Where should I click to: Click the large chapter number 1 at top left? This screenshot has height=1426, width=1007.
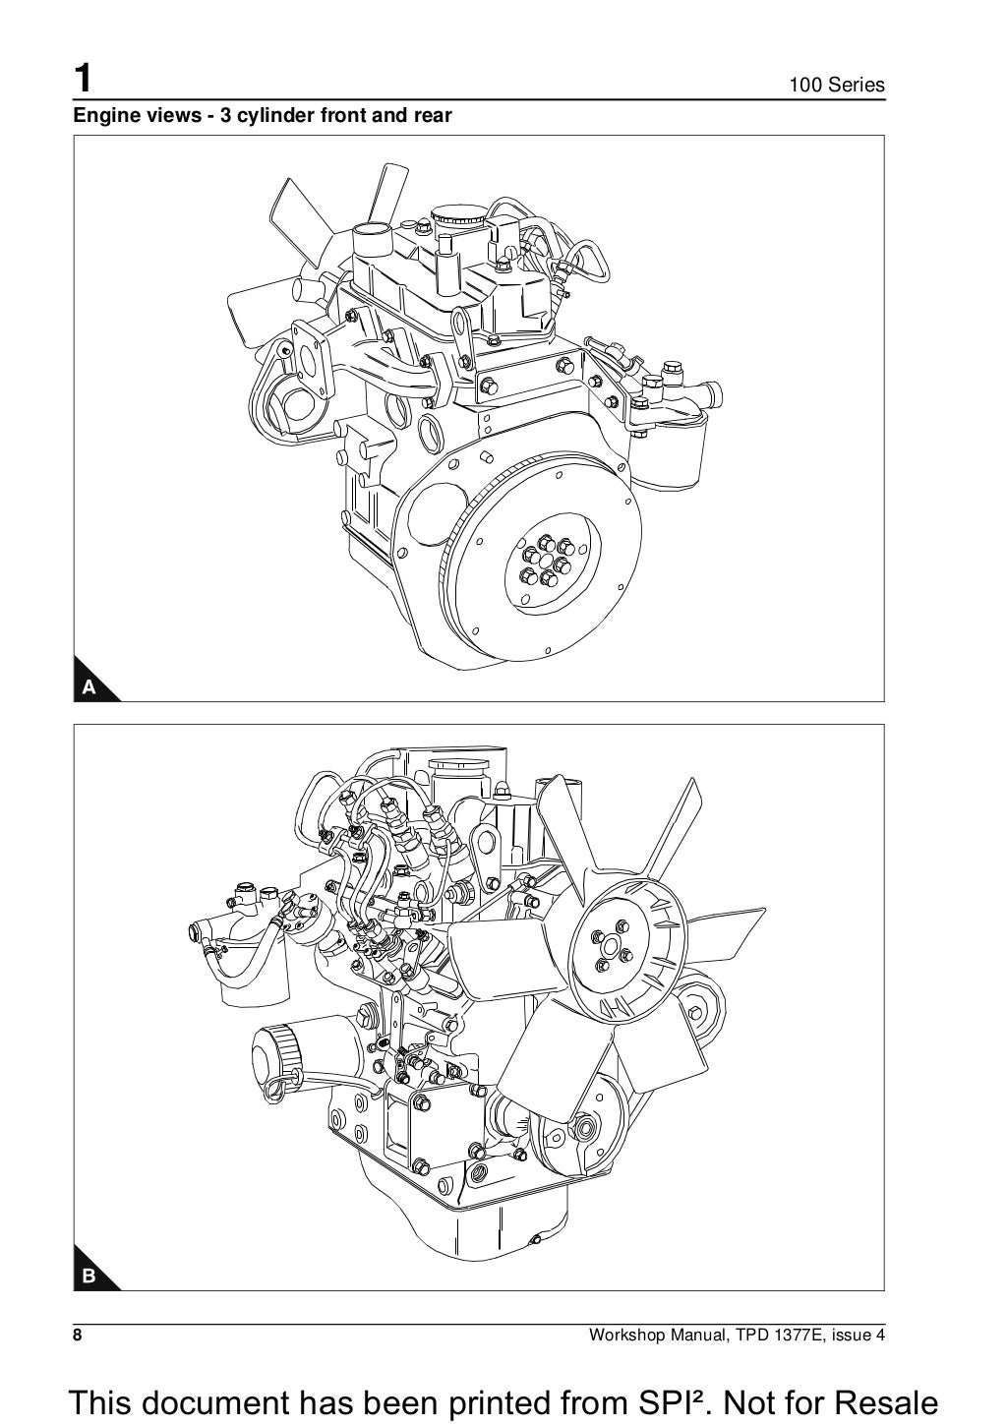85,78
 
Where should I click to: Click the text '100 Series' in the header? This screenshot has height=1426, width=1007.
837,86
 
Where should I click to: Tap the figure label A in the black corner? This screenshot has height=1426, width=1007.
89,687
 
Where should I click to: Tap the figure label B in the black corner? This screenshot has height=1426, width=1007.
89,1277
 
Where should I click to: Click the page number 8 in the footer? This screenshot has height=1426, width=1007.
78,1336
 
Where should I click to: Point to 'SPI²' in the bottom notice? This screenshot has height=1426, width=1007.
608,1401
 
